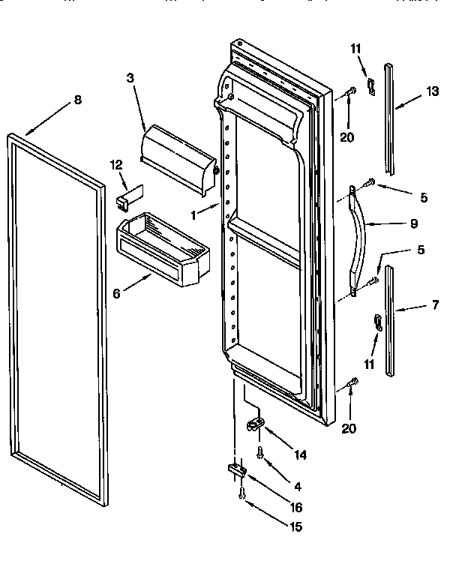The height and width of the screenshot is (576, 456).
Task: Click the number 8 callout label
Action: (x=78, y=100)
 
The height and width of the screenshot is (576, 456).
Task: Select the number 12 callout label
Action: (x=115, y=165)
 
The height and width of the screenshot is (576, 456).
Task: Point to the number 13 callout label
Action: (x=432, y=91)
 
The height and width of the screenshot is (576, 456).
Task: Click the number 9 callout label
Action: (x=415, y=223)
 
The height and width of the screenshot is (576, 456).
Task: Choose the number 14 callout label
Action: (x=300, y=454)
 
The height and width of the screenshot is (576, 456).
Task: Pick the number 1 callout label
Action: (x=193, y=214)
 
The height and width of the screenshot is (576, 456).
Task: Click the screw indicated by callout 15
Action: (x=243, y=493)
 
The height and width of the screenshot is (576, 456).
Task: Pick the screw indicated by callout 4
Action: (x=259, y=452)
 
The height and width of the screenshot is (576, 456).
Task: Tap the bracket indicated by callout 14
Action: (x=254, y=425)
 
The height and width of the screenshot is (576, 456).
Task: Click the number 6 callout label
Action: (x=116, y=295)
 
